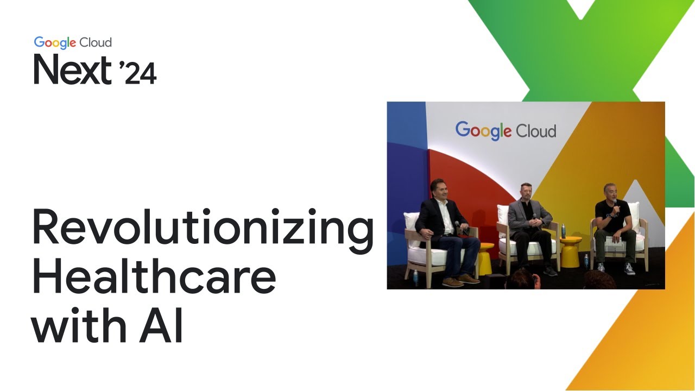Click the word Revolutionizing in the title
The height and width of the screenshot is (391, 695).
coord(202,228)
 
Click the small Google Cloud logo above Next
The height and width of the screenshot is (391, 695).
coord(73,42)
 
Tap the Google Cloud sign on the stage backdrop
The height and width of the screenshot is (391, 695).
coord(506,131)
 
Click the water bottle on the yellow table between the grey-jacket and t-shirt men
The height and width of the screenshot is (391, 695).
coord(563,230)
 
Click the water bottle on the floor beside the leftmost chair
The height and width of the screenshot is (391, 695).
coord(416,277)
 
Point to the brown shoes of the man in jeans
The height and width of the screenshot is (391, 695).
coord(459,280)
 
